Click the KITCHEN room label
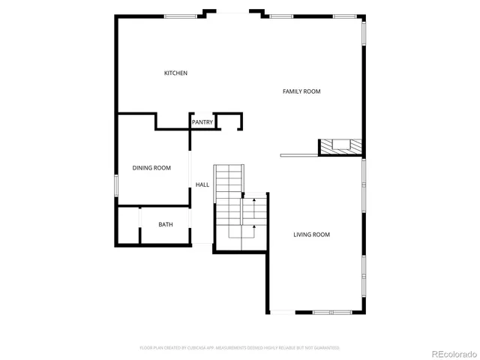[175, 73]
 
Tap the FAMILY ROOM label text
[301, 91]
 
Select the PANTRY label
[202, 122]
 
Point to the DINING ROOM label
[151, 168]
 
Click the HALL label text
[202, 184]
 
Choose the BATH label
[166, 224]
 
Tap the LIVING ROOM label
[311, 235]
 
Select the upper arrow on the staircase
[254, 201]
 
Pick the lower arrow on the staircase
[254, 226]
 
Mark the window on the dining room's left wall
[116, 186]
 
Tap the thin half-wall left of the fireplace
[299, 156]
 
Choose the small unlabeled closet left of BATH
[128, 225]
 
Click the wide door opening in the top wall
[233, 12]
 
